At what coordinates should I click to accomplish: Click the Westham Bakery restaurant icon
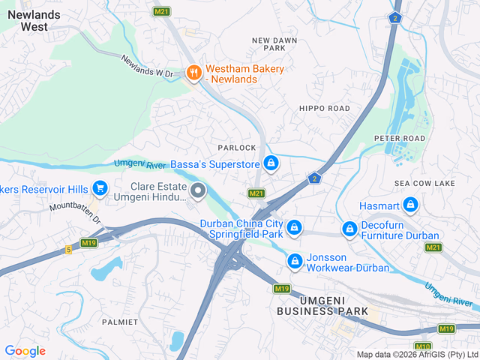point(193,73)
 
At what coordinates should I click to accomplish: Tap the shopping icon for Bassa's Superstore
point(271,163)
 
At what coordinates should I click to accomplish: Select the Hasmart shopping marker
point(410,204)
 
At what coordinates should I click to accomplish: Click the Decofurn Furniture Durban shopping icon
point(349,229)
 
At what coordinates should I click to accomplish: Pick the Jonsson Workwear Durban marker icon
point(295,261)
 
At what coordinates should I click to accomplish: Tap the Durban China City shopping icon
point(295,226)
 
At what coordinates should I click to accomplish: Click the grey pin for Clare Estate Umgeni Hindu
point(198,191)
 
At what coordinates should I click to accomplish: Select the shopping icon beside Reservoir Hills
point(100,187)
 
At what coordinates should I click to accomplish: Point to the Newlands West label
point(24,20)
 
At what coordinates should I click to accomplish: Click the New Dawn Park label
point(274,43)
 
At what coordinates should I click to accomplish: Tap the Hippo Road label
point(324,109)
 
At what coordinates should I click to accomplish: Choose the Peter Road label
point(400,139)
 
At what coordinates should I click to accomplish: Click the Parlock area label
point(237,148)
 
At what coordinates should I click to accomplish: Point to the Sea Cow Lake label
point(424,184)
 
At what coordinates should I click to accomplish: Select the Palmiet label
point(120,322)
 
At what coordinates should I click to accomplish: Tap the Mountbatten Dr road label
point(75,213)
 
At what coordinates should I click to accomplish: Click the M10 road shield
point(423,346)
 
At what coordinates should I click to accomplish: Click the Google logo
point(25,350)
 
